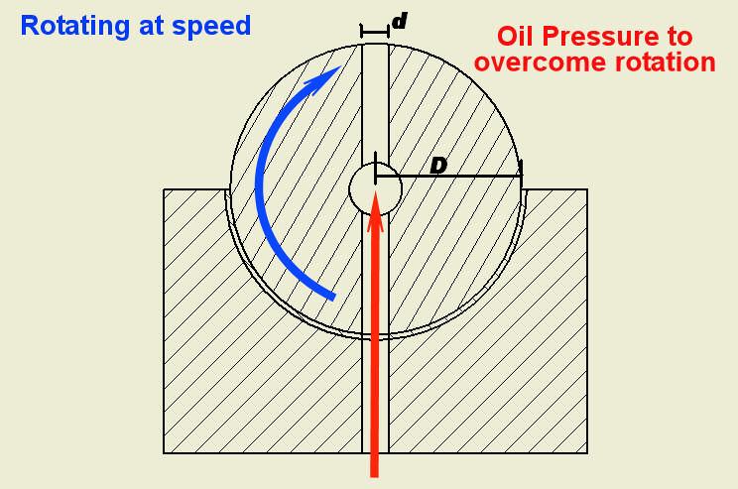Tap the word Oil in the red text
pos(517,37)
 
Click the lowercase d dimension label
pos(399,20)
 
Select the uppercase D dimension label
pos(437,165)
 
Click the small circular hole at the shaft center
pos(375,186)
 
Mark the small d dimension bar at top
pos(375,33)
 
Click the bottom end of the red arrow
pos(375,470)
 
